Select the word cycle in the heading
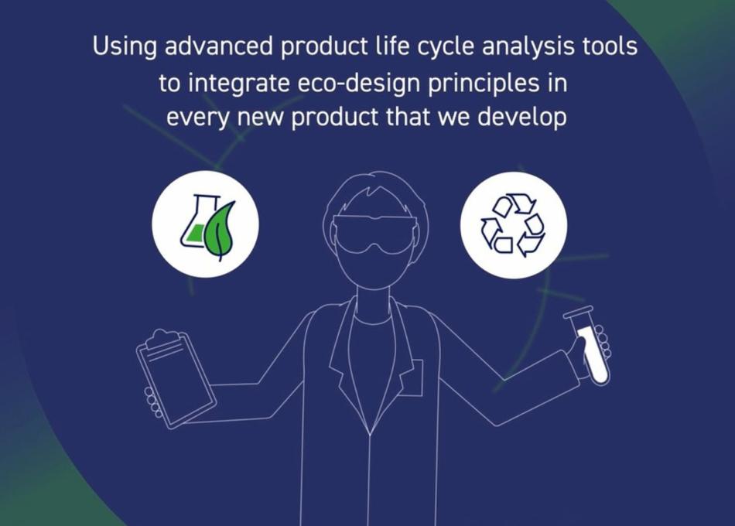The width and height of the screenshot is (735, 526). [447, 47]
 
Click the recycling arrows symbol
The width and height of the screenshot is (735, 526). [513, 225]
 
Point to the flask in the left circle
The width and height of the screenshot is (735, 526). [194, 224]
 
